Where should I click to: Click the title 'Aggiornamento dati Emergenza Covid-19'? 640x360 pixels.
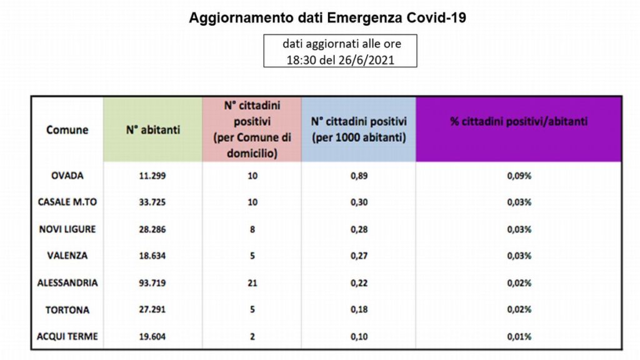pos(327,18)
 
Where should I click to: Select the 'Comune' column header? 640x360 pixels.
pos(67,130)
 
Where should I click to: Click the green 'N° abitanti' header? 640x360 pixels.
pos(152,130)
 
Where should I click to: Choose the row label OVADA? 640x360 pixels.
pos(67,176)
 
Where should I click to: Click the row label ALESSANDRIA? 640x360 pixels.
pos(67,283)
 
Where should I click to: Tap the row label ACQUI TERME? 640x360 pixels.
pos(67,336)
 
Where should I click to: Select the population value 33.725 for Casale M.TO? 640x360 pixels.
pos(152,202)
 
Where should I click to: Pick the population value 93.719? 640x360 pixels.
pos(152,283)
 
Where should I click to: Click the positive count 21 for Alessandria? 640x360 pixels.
pos(252,283)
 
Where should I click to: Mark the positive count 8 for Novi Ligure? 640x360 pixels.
pos(252,229)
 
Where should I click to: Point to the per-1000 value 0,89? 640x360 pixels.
pos(359,176)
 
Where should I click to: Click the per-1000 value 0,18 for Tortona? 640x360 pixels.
pos(359,309)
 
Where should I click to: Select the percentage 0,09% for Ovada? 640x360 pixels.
pos(519,176)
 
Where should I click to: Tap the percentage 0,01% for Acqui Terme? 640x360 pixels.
pos(519,336)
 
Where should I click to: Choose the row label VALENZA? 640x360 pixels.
pos(67,256)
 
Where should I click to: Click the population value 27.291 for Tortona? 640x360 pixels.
pos(152,309)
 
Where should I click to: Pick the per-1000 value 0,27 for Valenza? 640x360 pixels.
pos(359,256)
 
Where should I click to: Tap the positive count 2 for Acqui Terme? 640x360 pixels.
pos(252,336)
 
